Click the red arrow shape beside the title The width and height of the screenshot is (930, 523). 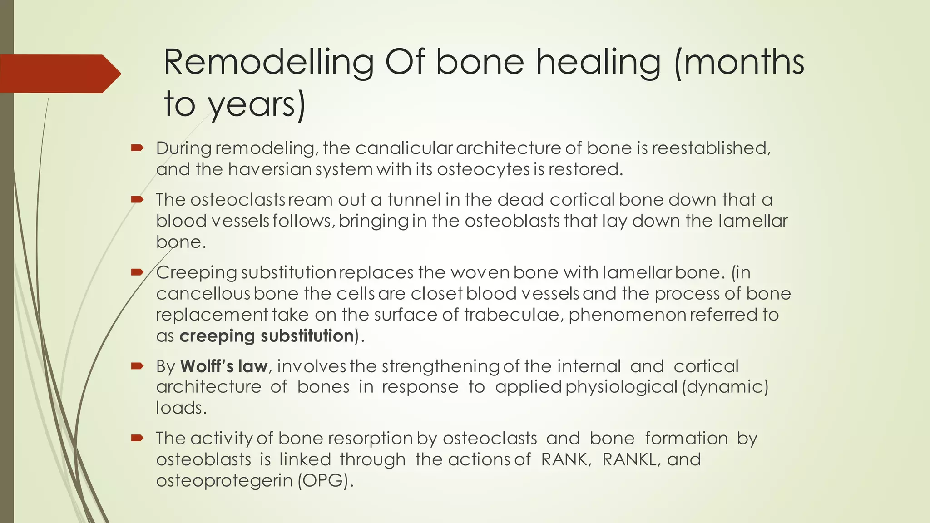[59, 74]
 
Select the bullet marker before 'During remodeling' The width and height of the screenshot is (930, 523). [137, 148]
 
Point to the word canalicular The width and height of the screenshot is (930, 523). [404, 148]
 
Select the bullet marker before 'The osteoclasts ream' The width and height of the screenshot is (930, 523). [137, 199]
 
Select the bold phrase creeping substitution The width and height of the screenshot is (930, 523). [266, 336]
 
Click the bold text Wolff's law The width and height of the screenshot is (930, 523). [224, 366]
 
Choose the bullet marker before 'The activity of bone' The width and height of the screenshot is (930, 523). [137, 438]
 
